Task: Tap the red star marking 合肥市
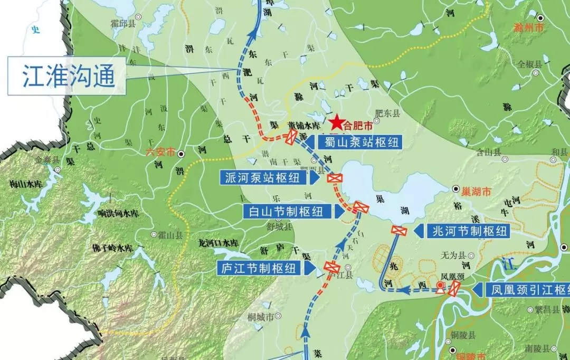[336, 124]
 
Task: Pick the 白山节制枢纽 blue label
[288, 212]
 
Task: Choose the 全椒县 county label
[529, 64]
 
